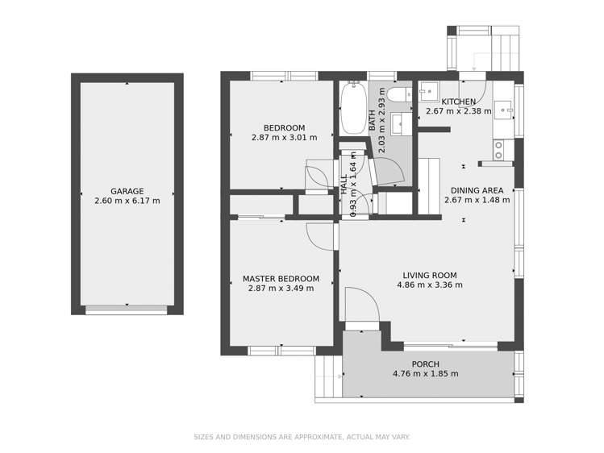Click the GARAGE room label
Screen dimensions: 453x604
pyautogui.click(x=127, y=191)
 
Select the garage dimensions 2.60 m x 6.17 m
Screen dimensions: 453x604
pyautogui.click(x=127, y=201)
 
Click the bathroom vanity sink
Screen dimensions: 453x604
pyautogui.click(x=398, y=123)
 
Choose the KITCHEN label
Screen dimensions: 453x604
pyautogui.click(x=458, y=102)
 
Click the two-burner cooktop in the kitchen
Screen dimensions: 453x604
pyautogui.click(x=498, y=149)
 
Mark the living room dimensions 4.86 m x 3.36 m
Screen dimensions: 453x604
pyautogui.click(x=430, y=285)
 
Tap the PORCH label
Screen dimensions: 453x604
pyautogui.click(x=425, y=364)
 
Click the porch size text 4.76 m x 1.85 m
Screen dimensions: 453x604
pyautogui.click(x=425, y=374)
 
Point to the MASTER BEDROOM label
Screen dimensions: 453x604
pyautogui.click(x=281, y=279)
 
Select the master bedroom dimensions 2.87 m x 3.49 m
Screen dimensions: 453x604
pyautogui.click(x=281, y=289)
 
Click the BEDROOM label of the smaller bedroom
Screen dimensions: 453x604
pyautogui.click(x=284, y=127)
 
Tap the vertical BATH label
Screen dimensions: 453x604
pyautogui.click(x=373, y=121)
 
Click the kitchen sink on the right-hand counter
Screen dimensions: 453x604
pyautogui.click(x=503, y=108)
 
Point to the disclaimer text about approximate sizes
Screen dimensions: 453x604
pyautogui.click(x=302, y=437)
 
